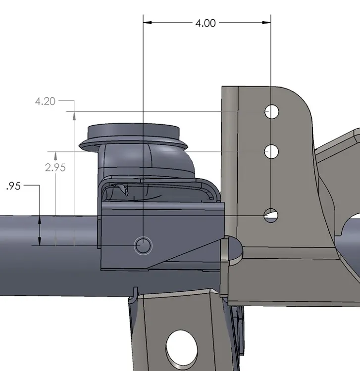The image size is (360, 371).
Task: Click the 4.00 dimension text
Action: pyautogui.click(x=206, y=23)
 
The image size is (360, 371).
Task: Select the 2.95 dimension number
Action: pyautogui.click(x=55, y=167)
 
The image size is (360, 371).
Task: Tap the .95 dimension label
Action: pyautogui.click(x=13, y=186)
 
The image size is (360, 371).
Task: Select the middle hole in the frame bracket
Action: pyautogui.click(x=271, y=151)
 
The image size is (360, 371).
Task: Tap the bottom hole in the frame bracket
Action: pyautogui.click(x=271, y=215)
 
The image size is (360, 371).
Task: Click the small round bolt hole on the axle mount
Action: pyautogui.click(x=144, y=245)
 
